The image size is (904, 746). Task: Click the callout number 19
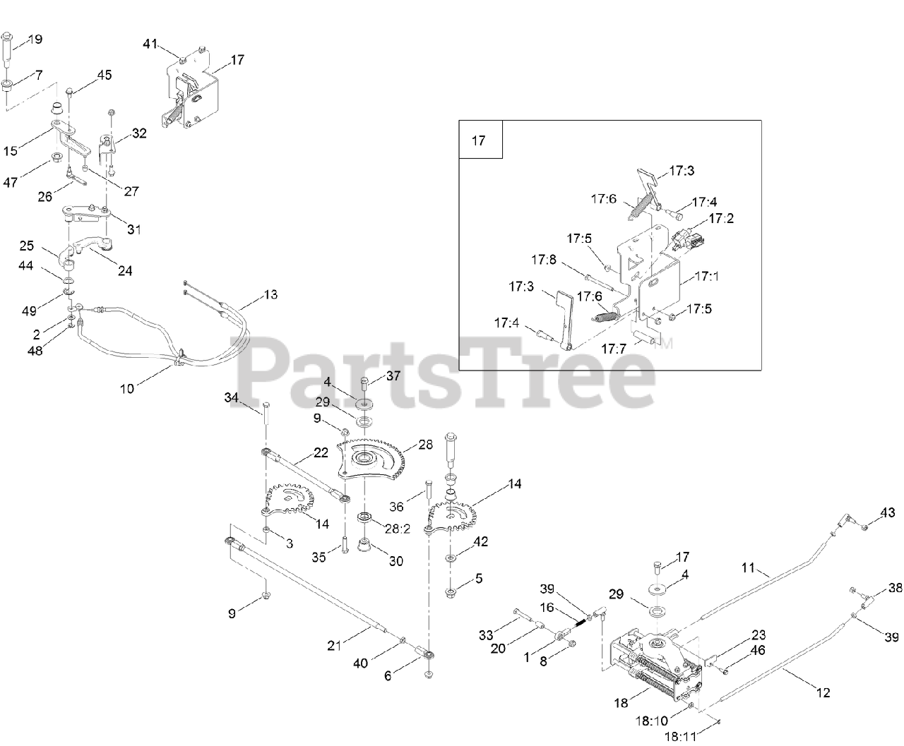[34, 40]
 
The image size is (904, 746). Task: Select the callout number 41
[150, 44]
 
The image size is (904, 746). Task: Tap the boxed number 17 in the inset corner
[478, 140]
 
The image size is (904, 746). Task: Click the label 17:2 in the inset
[721, 219]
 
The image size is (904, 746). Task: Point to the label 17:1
[706, 276]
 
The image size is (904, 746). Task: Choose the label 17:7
[614, 348]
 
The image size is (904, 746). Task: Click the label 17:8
[544, 260]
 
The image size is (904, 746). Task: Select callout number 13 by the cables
[270, 294]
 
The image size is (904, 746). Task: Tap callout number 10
[126, 388]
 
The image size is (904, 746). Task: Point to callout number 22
[321, 453]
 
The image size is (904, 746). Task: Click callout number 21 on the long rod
[335, 644]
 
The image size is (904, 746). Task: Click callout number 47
[11, 182]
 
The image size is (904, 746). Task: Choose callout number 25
[26, 246]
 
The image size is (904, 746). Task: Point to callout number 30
[396, 561]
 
